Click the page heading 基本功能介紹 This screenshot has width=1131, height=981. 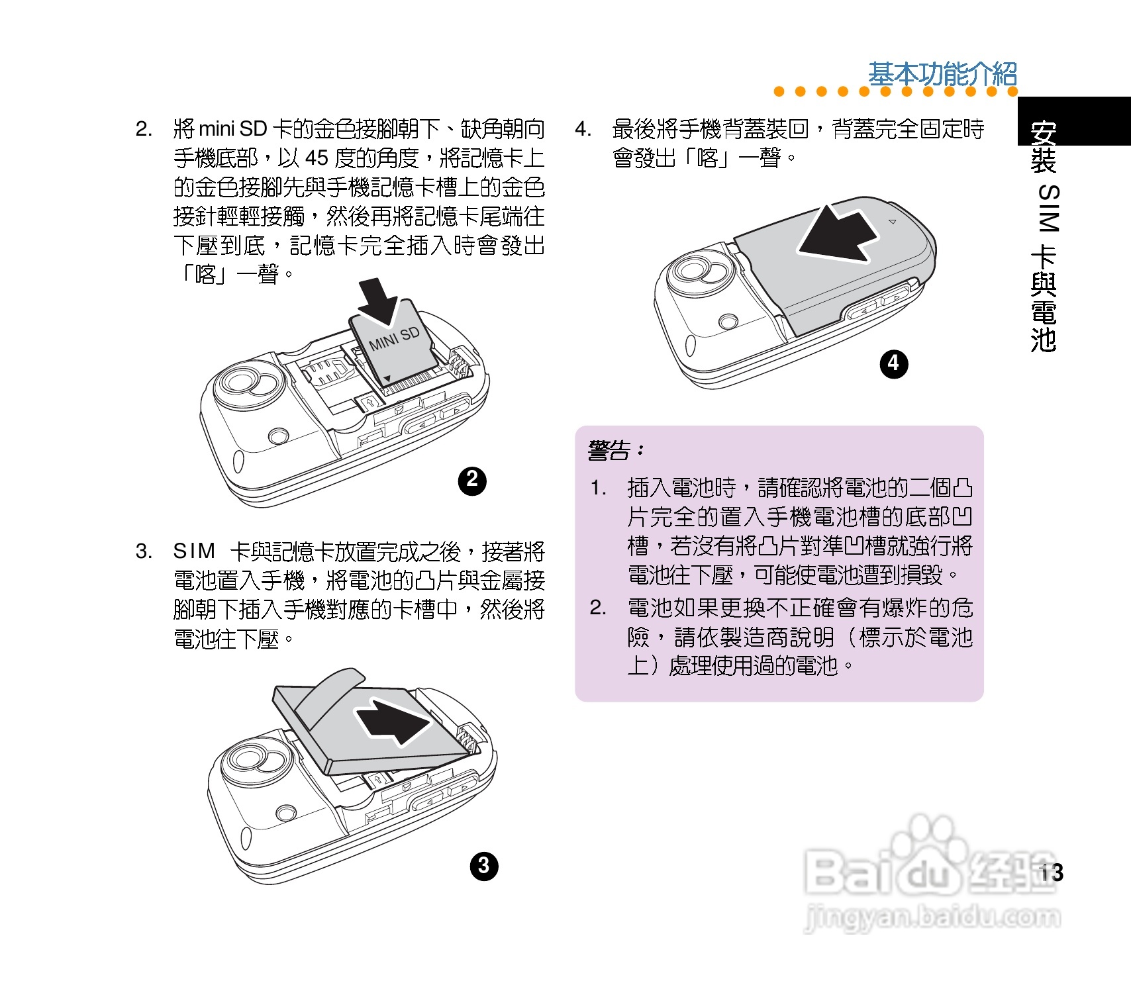pos(942,74)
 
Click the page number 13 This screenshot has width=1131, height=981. pos(1051,872)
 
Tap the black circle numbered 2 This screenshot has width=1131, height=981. pos(472,481)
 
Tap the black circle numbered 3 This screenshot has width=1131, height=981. pos(483,866)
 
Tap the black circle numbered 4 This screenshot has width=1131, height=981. pos(893,363)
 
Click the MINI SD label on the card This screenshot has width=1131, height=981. pos(395,338)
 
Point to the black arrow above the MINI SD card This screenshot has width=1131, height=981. pos(379,300)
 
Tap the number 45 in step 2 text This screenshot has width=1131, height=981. pos(317,158)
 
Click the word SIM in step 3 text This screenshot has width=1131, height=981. pos(194,551)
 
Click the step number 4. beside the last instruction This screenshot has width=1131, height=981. pos(583,128)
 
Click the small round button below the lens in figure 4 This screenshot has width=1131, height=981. pos(728,321)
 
